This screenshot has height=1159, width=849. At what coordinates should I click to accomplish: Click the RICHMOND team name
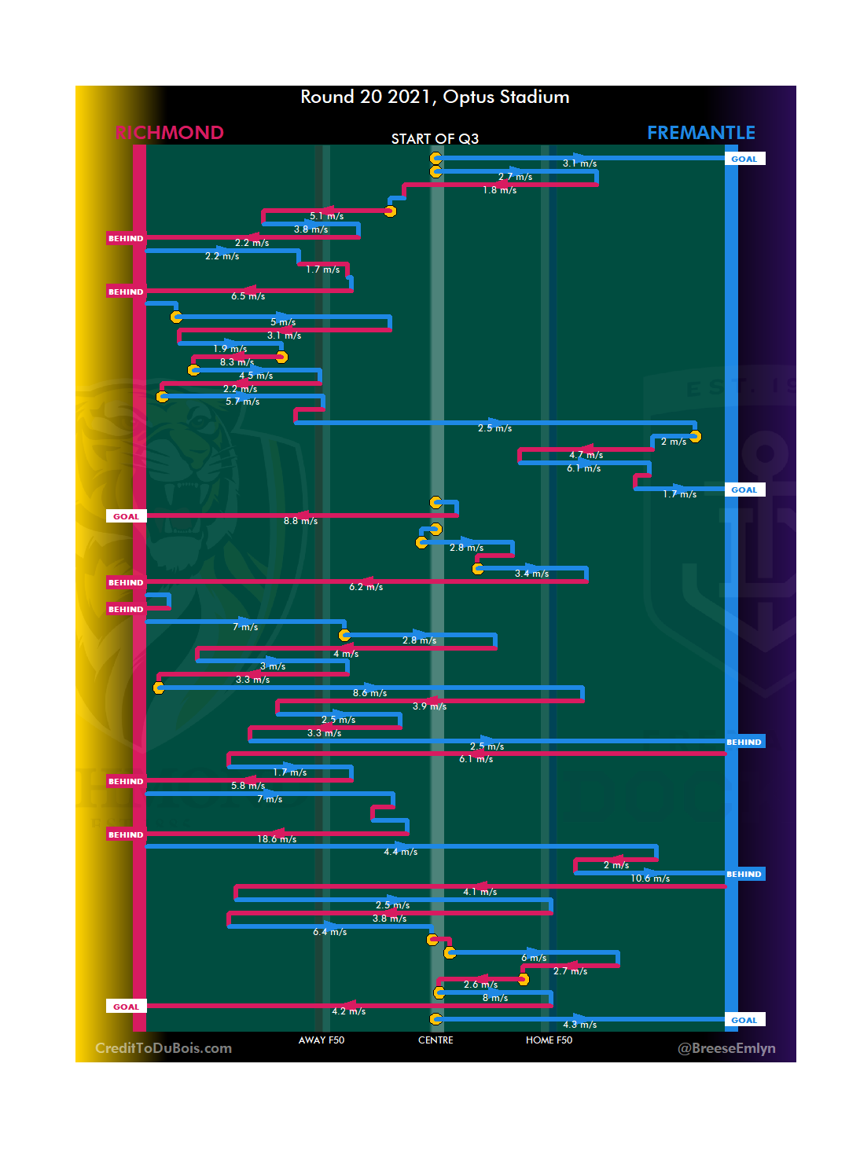pyautogui.click(x=169, y=133)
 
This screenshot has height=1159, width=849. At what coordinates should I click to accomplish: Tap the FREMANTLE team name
pyautogui.click(x=700, y=133)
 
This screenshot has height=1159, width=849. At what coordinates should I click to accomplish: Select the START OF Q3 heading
pyautogui.click(x=435, y=139)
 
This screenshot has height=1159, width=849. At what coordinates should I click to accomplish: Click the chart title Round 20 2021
pyautogui.click(x=435, y=97)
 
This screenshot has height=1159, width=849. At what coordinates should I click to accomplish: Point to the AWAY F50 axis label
pyautogui.click(x=321, y=1040)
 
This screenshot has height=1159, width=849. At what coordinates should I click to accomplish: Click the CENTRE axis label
pyautogui.click(x=436, y=1040)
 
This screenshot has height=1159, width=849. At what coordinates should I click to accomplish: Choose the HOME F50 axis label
pyautogui.click(x=549, y=1040)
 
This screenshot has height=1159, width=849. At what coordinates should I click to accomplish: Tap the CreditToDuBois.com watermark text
pyautogui.click(x=164, y=1048)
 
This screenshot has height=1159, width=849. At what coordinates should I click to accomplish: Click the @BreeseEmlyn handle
pyautogui.click(x=726, y=1048)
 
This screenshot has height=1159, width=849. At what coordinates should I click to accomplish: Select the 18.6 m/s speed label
pyautogui.click(x=277, y=839)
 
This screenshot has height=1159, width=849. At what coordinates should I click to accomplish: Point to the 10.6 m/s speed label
pyautogui.click(x=650, y=878)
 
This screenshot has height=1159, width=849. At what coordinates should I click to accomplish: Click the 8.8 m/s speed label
pyautogui.click(x=300, y=521)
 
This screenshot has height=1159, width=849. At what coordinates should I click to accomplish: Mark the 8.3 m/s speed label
pyautogui.click(x=237, y=362)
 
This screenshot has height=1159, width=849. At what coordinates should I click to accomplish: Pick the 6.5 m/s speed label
pyautogui.click(x=248, y=296)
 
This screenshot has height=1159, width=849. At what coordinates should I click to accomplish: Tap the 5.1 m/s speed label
pyautogui.click(x=326, y=216)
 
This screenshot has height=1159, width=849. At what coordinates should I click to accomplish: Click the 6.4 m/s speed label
pyautogui.click(x=329, y=932)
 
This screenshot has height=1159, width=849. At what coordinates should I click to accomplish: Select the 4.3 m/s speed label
pyautogui.click(x=579, y=1025)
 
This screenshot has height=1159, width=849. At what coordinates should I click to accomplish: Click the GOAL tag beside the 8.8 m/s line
pyautogui.click(x=126, y=516)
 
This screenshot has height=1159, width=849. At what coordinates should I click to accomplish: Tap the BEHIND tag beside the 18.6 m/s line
pyautogui.click(x=126, y=834)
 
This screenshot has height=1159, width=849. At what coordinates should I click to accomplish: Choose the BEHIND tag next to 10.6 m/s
pyautogui.click(x=744, y=874)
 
